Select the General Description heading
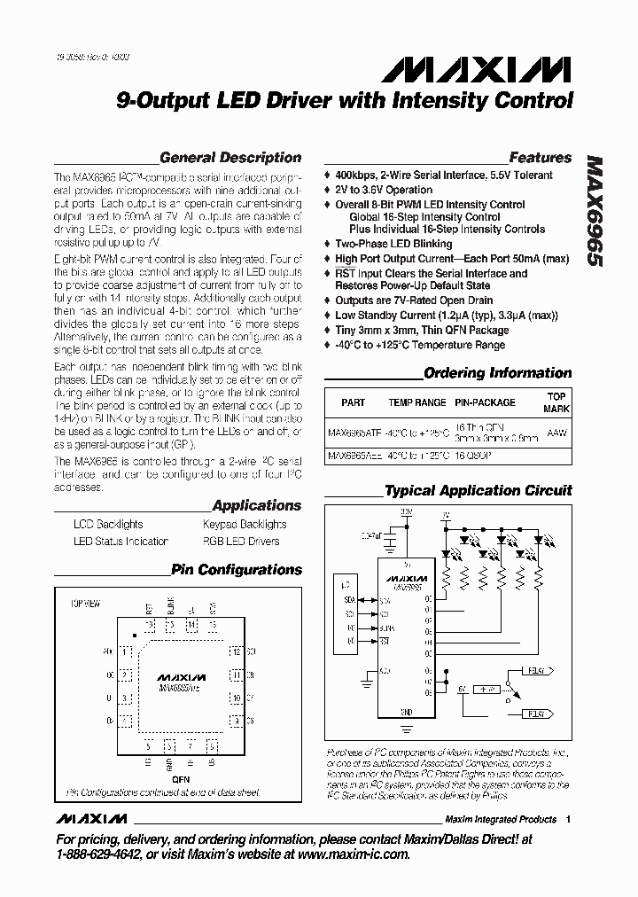[230, 158]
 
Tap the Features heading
[540, 158]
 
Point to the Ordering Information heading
[498, 373]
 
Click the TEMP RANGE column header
[416, 402]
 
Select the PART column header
[353, 402]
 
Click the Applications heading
[256, 505]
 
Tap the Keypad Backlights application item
[245, 525]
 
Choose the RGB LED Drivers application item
[241, 541]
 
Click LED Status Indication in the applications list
[121, 541]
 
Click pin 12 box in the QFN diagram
[237, 651]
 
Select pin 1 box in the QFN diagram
[125, 651]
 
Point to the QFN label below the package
[181, 779]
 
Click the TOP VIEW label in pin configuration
[87, 604]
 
